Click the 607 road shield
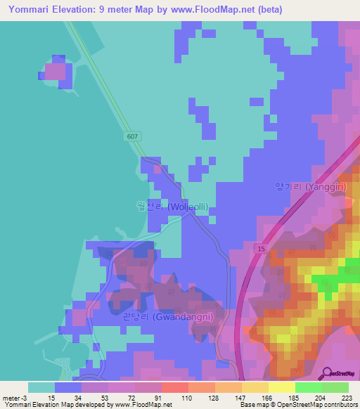(134, 136)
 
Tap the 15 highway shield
(261, 249)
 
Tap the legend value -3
(24, 397)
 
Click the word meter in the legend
(11, 397)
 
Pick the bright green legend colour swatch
(308, 387)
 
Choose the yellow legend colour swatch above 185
(281, 387)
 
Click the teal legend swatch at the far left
(41, 387)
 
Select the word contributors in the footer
(339, 405)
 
